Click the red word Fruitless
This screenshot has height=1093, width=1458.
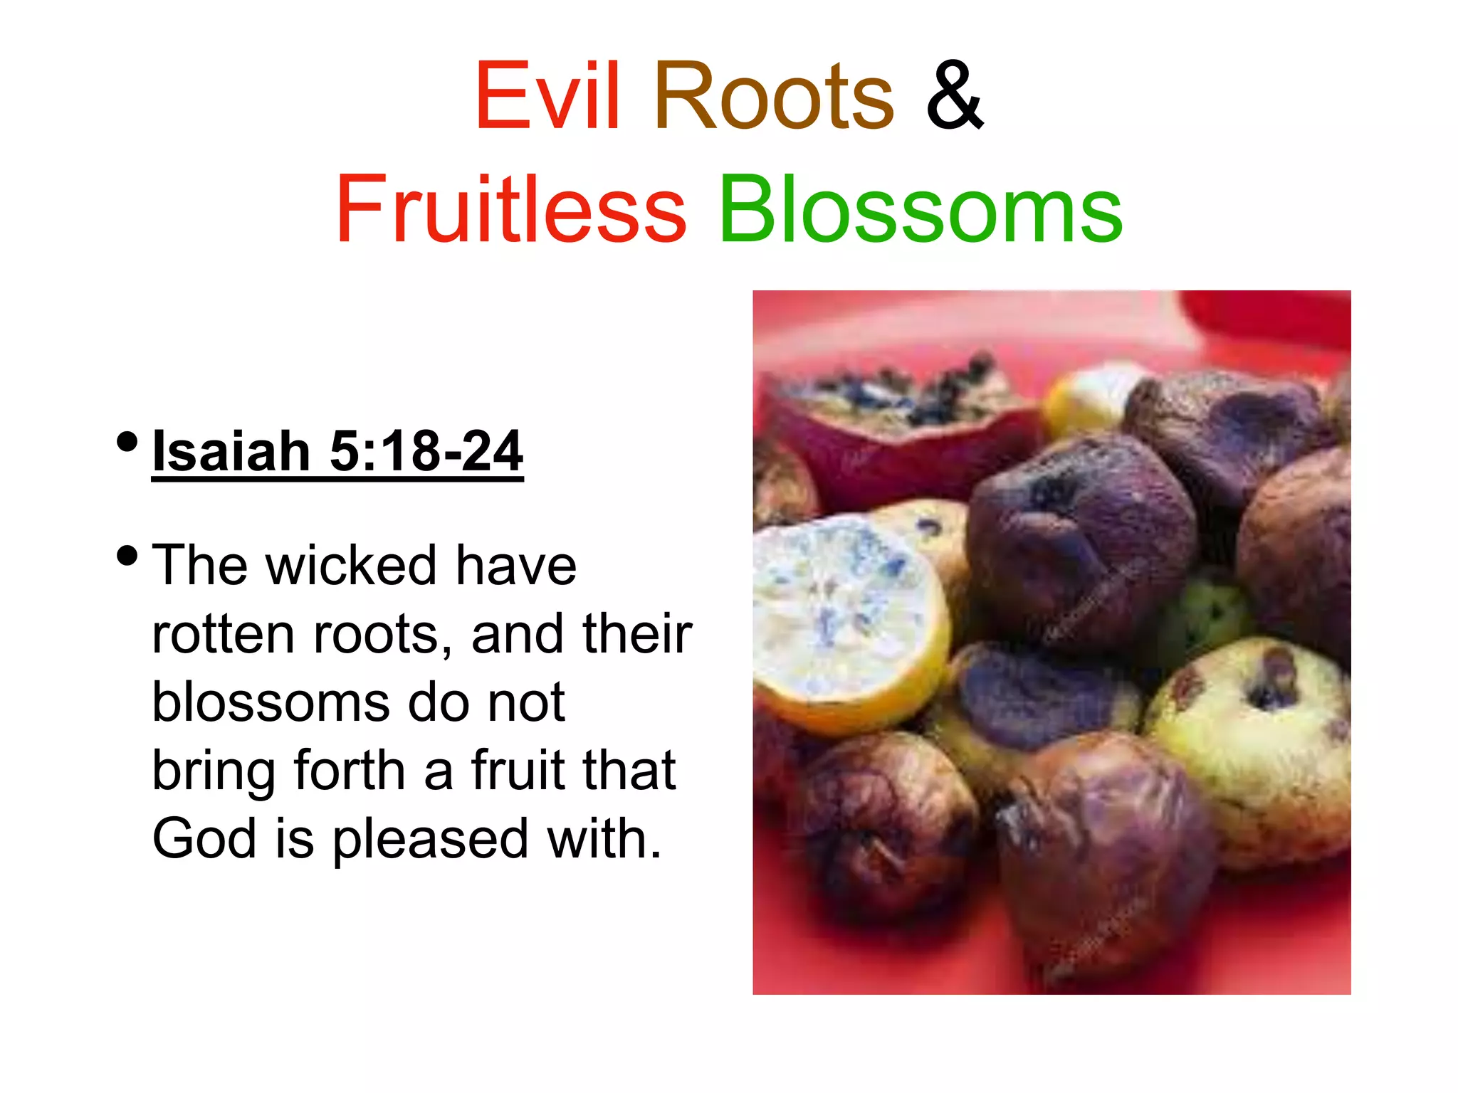[510, 210]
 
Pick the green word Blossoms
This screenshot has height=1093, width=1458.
[921, 210]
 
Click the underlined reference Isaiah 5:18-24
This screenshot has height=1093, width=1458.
[337, 451]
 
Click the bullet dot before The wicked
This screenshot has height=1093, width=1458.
[127, 556]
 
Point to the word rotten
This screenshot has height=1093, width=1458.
[223, 634]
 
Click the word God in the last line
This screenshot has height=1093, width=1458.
[204, 839]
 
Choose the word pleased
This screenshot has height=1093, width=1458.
[430, 840]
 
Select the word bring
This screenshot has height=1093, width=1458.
[214, 772]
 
